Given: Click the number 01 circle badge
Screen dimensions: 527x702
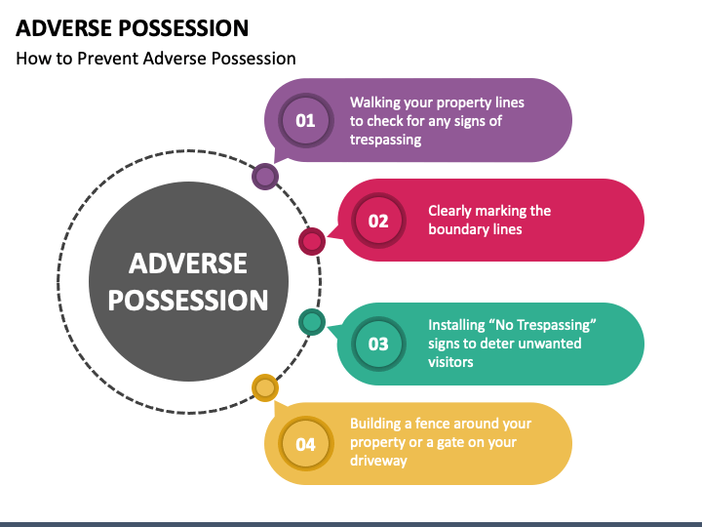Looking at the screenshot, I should [x=305, y=121].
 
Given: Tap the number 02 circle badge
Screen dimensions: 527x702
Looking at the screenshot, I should [x=377, y=221].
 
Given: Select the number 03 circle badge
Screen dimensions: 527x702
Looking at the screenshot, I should [x=377, y=344].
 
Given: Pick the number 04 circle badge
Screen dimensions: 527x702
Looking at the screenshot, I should [x=305, y=444].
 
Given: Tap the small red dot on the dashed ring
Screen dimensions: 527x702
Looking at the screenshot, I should [x=311, y=241].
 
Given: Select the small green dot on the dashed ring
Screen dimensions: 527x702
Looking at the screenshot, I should [x=311, y=322].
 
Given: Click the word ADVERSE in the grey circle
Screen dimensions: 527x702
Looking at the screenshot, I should [x=188, y=263].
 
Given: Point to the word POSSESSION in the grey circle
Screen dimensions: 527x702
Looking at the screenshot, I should [x=188, y=300].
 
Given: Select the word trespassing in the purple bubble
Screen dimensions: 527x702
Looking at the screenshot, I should [x=385, y=140].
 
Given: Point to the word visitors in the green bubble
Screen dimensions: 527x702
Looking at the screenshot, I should [x=450, y=362].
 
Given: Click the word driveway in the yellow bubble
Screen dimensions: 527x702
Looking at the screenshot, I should [x=378, y=461].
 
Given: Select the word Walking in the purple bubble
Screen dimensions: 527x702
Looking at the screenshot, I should [x=375, y=102].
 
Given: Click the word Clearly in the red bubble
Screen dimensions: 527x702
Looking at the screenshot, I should [x=452, y=211].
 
